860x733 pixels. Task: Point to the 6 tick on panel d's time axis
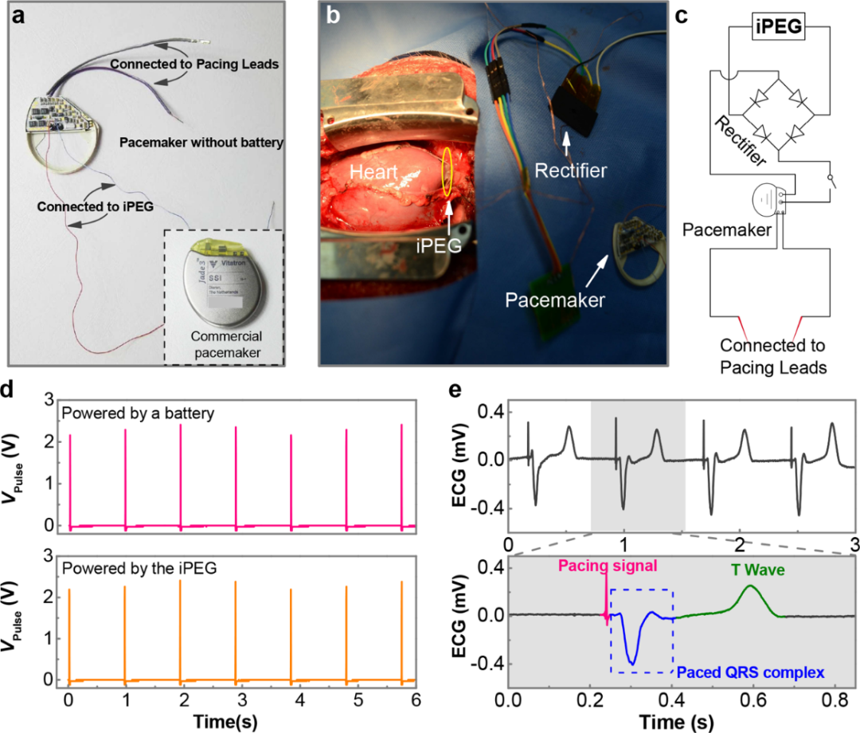pos(414,699)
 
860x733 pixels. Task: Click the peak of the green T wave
pos(749,586)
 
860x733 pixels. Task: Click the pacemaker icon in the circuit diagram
pos(767,198)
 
